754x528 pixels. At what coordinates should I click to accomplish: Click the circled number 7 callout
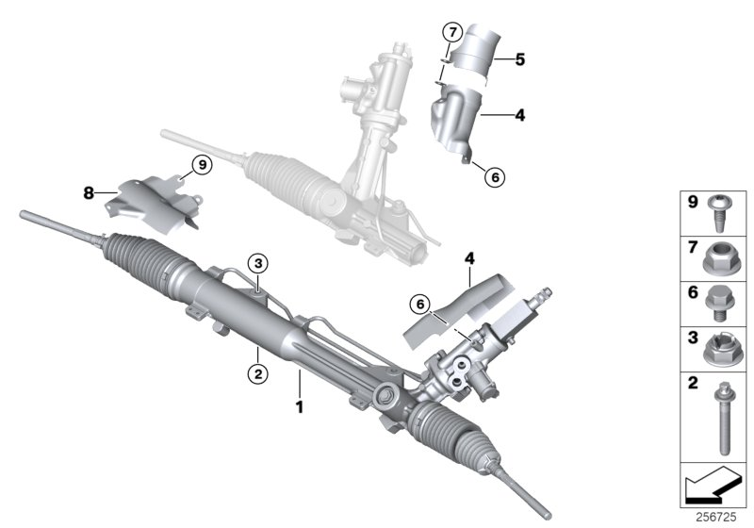451,33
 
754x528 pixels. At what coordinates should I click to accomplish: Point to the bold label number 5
519,58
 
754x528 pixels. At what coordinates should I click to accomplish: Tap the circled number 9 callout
200,165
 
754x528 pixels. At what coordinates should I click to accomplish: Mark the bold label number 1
300,408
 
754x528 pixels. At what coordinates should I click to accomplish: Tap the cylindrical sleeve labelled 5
472,57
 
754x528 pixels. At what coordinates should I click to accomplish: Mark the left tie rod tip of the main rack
28,218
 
